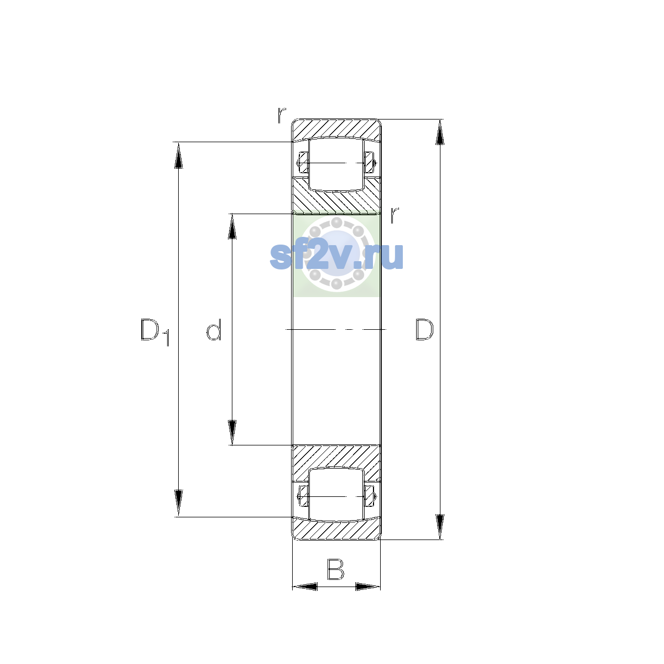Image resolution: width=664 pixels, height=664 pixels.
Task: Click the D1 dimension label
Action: pos(155,332)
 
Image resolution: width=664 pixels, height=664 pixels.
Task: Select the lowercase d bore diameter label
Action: pos(214,330)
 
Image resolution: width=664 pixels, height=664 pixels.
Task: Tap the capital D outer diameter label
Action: pos(424,330)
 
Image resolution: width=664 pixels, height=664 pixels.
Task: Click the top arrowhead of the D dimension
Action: pos(440,132)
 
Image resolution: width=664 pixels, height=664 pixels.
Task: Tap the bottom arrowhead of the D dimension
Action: pos(440,527)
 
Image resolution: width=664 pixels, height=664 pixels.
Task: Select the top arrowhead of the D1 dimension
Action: pos(178,155)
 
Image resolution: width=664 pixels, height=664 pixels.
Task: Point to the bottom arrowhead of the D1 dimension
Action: pos(178,504)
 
